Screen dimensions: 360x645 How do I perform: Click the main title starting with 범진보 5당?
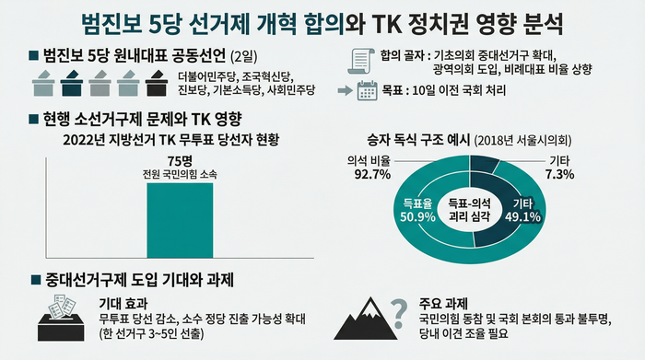click(x=322, y=20)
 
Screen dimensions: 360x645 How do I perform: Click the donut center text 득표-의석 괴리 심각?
click(x=472, y=209)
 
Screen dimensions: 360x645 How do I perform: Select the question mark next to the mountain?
click(x=399, y=312)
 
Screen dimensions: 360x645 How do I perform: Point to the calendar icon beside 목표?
click(x=368, y=90)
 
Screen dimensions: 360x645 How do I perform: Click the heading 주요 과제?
click(x=441, y=303)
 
